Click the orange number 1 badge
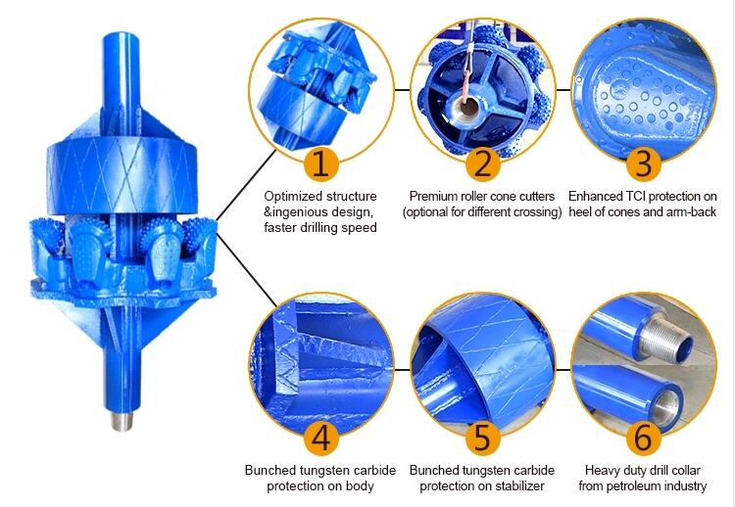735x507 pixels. (x=320, y=164)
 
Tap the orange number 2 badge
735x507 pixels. (x=482, y=164)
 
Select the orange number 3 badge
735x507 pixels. (x=644, y=164)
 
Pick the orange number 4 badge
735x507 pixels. (x=320, y=438)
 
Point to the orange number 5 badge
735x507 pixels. (x=482, y=438)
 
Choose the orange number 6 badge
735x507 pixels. (x=644, y=438)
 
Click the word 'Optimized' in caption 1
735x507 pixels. (x=293, y=196)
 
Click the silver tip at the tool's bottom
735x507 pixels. (x=122, y=419)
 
